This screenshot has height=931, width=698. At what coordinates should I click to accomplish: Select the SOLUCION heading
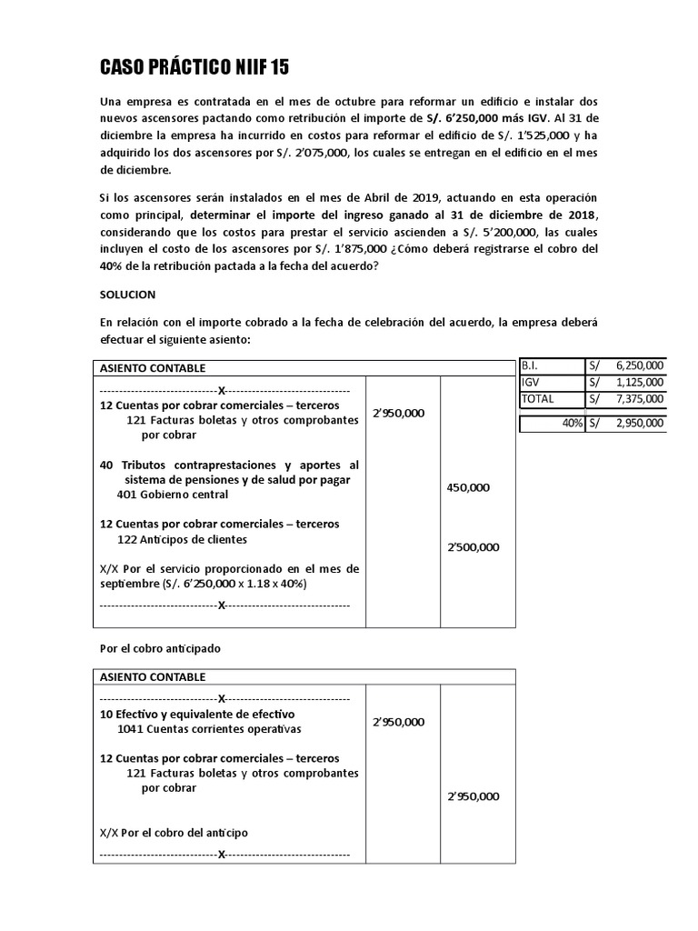pyautogui.click(x=127, y=295)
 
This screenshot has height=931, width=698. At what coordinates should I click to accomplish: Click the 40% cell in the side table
pyautogui.click(x=572, y=422)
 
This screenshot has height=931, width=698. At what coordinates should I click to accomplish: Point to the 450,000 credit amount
pyautogui.click(x=468, y=487)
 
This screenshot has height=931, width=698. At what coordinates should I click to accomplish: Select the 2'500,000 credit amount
pyautogui.click(x=473, y=546)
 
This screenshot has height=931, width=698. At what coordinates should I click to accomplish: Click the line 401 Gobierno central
pyautogui.click(x=173, y=495)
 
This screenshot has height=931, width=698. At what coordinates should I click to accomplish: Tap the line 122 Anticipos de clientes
pyautogui.click(x=182, y=539)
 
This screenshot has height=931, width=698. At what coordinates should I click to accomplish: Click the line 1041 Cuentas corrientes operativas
pyautogui.click(x=209, y=729)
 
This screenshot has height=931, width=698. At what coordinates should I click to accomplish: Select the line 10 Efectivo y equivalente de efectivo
pyautogui.click(x=197, y=714)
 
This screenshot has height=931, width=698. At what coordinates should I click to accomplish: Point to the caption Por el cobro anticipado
pyautogui.click(x=160, y=648)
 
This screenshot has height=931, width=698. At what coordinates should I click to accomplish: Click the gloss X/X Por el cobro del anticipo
pyautogui.click(x=174, y=832)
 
